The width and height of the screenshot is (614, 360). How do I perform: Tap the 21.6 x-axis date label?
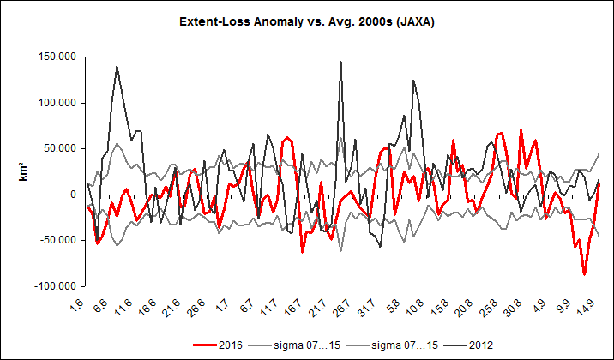pos(170,307)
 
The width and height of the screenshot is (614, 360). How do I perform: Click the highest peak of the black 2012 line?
pos(341,62)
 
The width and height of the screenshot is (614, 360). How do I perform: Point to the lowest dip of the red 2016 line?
pos(584,274)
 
